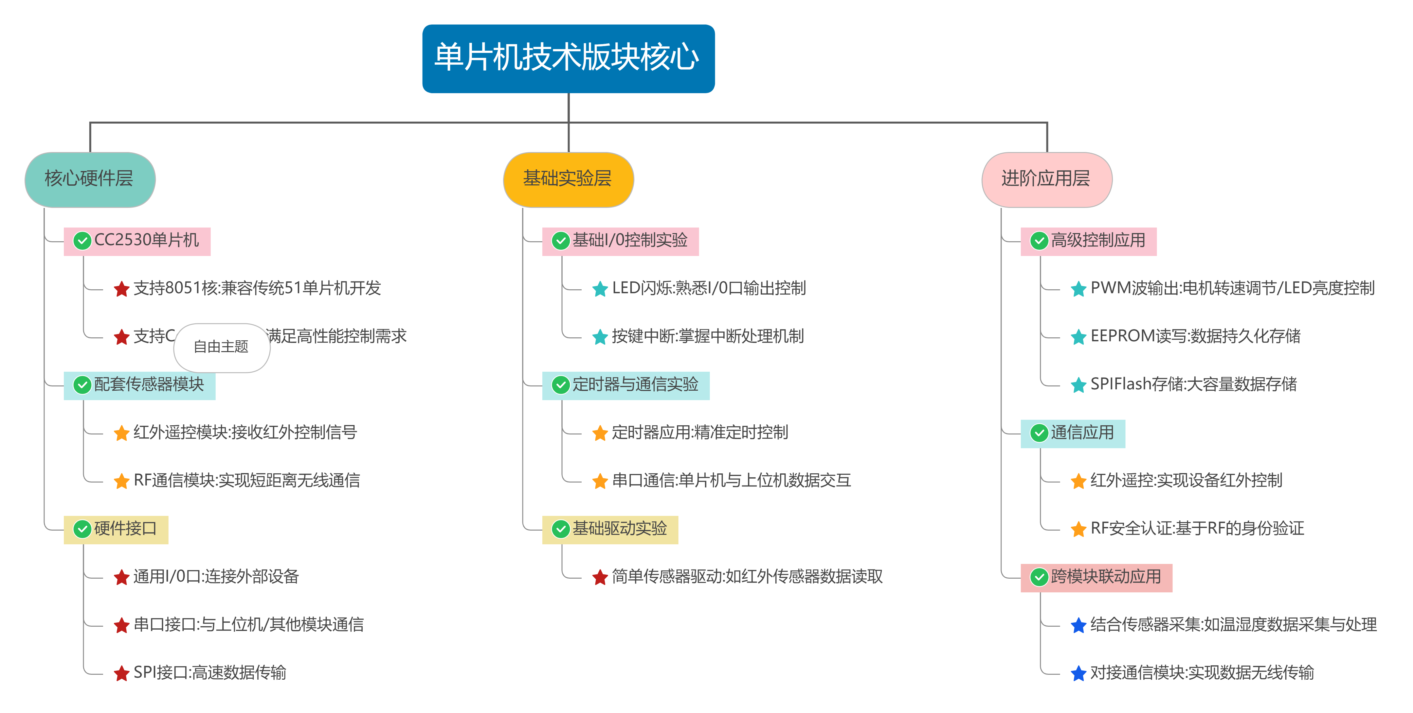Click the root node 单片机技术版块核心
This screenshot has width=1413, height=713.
[568, 58]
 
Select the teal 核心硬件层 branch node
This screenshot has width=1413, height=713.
[90, 179]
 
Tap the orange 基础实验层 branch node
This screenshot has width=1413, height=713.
[568, 179]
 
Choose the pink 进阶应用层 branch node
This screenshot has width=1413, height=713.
[1047, 179]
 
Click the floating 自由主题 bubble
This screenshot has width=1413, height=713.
[222, 347]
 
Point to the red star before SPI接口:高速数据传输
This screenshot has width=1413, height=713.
[121, 673]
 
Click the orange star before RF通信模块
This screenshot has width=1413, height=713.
[121, 481]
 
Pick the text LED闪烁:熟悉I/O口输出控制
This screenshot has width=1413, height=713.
[709, 288]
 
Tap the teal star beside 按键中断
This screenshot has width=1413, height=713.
[600, 337]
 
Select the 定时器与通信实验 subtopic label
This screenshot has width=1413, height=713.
[635, 385]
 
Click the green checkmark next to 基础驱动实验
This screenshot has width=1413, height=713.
[561, 529]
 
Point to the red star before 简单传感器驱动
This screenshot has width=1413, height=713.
[600, 577]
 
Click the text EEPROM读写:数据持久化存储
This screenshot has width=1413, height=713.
[1195, 336]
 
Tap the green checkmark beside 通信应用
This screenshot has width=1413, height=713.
[1039, 433]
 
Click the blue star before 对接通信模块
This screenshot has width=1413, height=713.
[1078, 673]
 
